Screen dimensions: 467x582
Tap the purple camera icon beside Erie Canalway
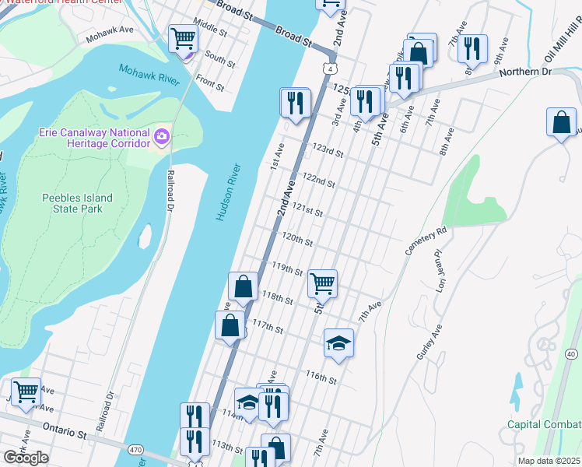click(x=162, y=137)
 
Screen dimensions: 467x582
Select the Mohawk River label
click(x=149, y=75)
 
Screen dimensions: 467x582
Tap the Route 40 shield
click(x=571, y=353)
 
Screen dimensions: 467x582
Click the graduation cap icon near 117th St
click(x=338, y=342)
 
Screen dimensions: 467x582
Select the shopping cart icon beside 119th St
click(x=322, y=283)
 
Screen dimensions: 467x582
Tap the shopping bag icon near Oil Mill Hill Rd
click(x=561, y=123)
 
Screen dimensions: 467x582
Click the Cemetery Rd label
click(x=426, y=241)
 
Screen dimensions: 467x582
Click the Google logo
click(x=26, y=457)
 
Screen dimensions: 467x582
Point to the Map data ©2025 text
click(x=549, y=461)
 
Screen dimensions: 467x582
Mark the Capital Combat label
click(x=544, y=424)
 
